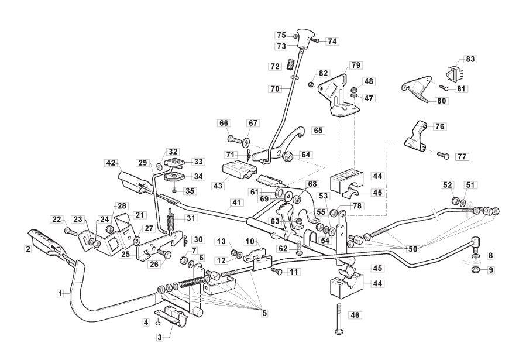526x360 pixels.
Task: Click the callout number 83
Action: point(470,59)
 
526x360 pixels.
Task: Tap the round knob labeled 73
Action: point(305,38)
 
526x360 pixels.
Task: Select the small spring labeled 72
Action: point(291,64)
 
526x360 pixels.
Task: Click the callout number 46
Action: point(355,315)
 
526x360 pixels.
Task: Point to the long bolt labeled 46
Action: point(339,319)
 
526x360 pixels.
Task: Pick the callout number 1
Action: point(60,294)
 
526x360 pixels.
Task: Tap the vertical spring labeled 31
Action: point(171,222)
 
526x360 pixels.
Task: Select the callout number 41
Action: point(237,203)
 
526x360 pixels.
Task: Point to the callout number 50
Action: point(412,249)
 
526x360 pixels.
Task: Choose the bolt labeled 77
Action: point(443,155)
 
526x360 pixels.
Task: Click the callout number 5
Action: point(264,313)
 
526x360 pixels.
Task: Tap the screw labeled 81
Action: point(444,88)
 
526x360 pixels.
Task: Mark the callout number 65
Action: point(318,130)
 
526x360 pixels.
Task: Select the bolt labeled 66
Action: point(235,138)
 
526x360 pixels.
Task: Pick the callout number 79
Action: point(356,65)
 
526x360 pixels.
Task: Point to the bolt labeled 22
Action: point(71,231)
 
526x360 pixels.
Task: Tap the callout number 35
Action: point(190,191)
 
